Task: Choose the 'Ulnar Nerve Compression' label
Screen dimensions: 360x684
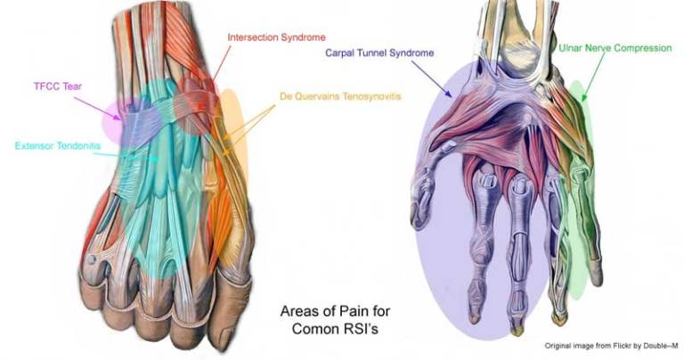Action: tap(615, 48)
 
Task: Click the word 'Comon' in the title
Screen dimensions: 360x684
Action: tap(313, 328)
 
